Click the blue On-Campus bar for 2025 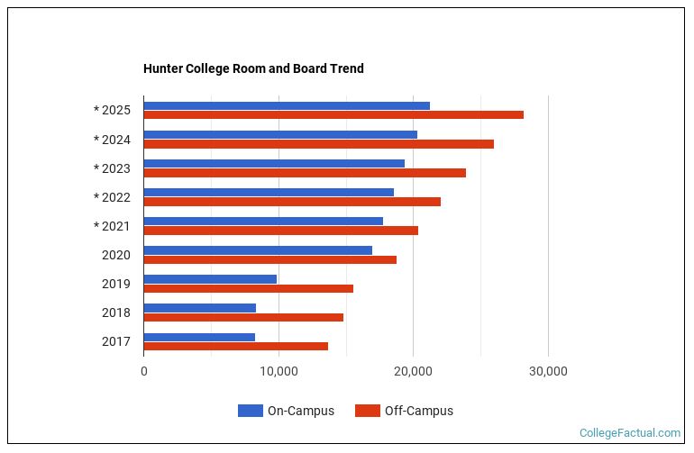tap(287, 106)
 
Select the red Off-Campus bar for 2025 tap(333, 115)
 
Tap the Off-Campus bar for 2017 tap(235, 346)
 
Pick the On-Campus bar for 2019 tap(210, 279)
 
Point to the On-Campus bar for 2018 tap(199, 308)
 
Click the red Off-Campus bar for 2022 tap(292, 202)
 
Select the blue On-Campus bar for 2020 tap(258, 250)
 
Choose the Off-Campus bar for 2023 tap(305, 173)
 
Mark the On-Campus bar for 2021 tap(263, 222)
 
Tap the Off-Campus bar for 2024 tap(318, 144)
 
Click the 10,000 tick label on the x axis tap(279, 371)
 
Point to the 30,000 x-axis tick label tap(548, 371)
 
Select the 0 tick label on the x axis tap(144, 371)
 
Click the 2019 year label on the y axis tap(115, 284)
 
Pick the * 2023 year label tap(112, 168)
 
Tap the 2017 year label tap(115, 341)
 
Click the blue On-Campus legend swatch tap(251, 411)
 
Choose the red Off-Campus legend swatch tap(368, 411)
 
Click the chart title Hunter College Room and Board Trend tap(253, 68)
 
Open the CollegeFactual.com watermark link tap(630, 433)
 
